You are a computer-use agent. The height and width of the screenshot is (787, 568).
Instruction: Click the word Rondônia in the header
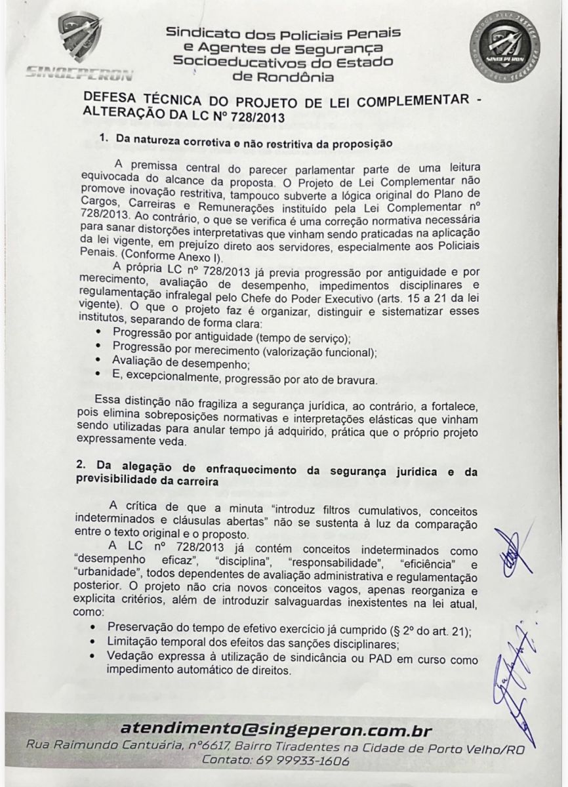tap(283, 77)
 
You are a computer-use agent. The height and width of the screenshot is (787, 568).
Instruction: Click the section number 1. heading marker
tap(103, 139)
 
